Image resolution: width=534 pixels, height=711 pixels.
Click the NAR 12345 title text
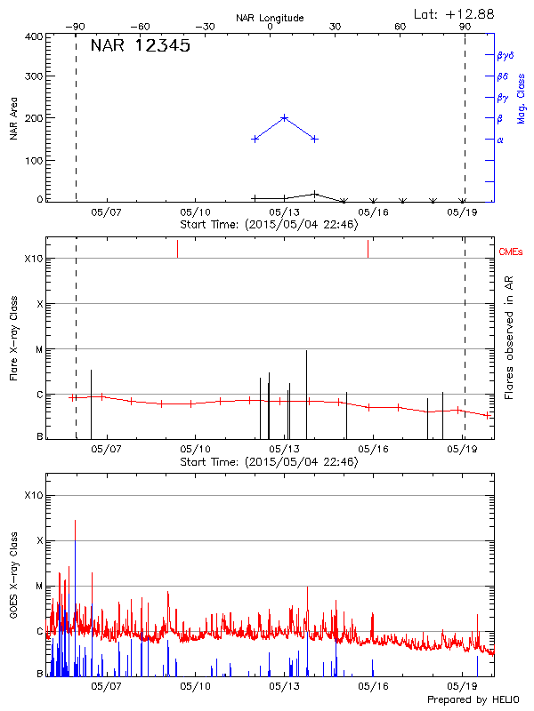pos(140,46)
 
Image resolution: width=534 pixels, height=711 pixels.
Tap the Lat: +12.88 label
pos(456,13)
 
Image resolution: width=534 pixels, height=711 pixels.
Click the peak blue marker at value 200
pos(285,117)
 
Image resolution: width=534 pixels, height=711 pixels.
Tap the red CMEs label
pos(511,253)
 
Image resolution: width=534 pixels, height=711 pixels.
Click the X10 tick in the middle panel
pos(34,259)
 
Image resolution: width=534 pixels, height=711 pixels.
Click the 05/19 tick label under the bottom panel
pos(462,685)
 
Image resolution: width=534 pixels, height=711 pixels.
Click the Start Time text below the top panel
pos(269,224)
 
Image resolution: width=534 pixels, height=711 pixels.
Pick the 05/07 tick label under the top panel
pos(105,212)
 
